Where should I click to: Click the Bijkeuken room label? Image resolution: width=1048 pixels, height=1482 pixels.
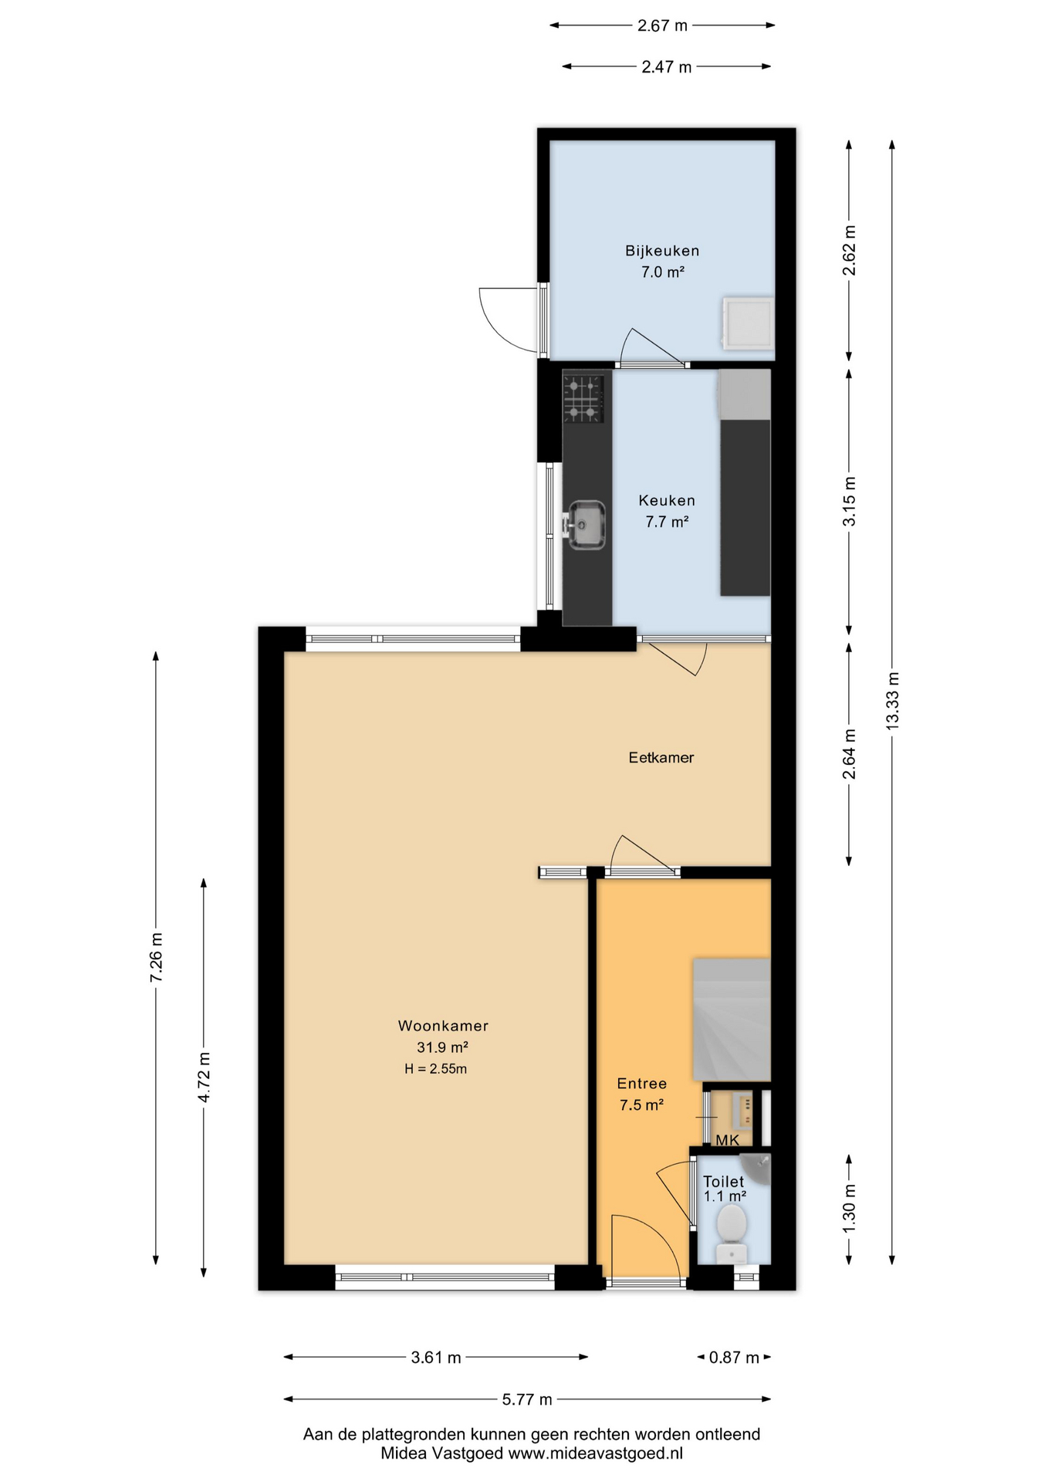pos(661,251)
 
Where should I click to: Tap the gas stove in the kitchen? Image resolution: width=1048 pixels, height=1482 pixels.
pos(583,398)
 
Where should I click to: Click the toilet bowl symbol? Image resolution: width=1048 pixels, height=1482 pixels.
pos(731,1225)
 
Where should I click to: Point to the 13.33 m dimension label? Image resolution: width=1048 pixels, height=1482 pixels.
pos(892,701)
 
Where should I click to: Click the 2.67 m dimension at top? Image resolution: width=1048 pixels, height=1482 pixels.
pos(661,25)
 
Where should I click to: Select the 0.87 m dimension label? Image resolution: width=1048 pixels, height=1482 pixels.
pos(733,1357)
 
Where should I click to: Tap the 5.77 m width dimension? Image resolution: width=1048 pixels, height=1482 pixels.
pos(527,1399)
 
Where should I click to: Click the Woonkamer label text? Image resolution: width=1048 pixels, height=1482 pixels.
pos(443,1026)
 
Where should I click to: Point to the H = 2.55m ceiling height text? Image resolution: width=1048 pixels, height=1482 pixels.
pos(435,1069)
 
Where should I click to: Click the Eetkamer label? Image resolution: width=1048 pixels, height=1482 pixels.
pos(661,757)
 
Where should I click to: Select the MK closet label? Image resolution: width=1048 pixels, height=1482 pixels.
pos(727,1140)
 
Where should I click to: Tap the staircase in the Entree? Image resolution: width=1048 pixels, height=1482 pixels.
pos(732,1019)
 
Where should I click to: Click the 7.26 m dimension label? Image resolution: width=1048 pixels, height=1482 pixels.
pos(157,957)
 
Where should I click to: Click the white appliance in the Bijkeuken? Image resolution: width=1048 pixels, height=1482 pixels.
pos(747,323)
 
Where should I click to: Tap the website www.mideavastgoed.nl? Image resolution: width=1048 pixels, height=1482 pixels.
pos(595,1453)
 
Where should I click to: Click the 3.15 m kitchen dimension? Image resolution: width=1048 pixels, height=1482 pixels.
pos(849,502)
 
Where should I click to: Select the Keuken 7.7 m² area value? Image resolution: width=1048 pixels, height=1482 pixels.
pos(666,522)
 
